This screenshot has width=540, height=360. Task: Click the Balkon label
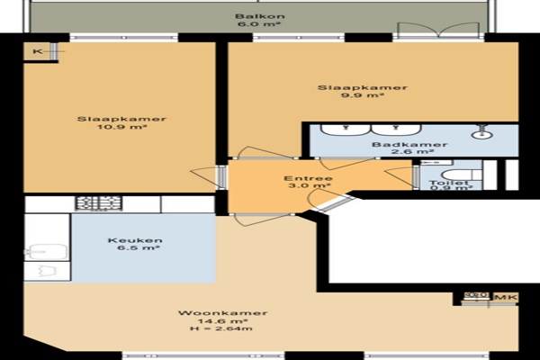(x=260, y=16)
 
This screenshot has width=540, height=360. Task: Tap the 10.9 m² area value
(x=121, y=127)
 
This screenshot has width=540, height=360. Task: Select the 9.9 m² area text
(x=363, y=95)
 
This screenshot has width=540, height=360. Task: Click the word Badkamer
(x=409, y=144)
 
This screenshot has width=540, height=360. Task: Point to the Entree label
(x=308, y=178)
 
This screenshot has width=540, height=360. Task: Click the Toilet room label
(x=448, y=183)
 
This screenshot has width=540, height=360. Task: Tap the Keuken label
(x=135, y=240)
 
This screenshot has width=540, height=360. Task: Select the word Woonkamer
(x=222, y=313)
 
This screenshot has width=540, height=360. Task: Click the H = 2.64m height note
(x=221, y=328)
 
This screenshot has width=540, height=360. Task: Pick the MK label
(x=506, y=297)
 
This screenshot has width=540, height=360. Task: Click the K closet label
(x=38, y=51)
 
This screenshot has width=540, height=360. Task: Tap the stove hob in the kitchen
(x=98, y=203)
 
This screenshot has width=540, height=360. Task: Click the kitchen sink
(x=45, y=252)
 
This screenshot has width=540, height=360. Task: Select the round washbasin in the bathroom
(x=481, y=135)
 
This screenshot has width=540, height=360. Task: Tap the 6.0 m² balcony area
(x=259, y=24)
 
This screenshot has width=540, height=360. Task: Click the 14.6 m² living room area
(x=222, y=321)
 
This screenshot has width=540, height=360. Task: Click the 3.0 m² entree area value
(x=309, y=186)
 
